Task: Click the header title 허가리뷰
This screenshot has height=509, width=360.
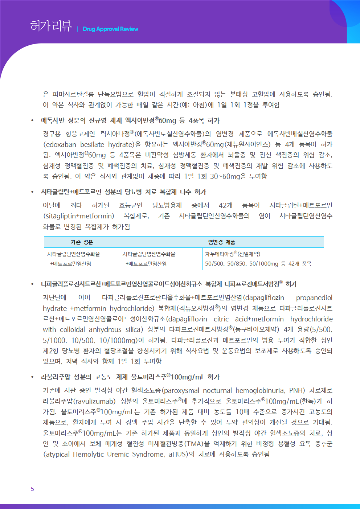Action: (x=51, y=26)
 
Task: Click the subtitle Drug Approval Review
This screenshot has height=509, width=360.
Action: (x=110, y=29)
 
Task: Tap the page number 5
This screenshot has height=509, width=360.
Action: (x=32, y=489)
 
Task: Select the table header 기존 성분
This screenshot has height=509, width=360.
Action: (x=82, y=242)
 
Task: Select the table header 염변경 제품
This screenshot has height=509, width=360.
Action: (x=221, y=242)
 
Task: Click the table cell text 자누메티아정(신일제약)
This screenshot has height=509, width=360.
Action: (x=233, y=254)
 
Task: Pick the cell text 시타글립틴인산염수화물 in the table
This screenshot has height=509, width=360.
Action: (x=73, y=254)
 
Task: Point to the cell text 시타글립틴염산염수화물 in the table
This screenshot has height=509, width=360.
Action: (x=149, y=254)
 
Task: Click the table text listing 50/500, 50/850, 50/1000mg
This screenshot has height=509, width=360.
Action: (x=241, y=264)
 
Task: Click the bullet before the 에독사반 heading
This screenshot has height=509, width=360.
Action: (x=32, y=121)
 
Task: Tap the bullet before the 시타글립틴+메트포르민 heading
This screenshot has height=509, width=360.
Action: (x=32, y=192)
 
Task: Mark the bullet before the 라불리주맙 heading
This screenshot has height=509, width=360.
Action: (x=32, y=377)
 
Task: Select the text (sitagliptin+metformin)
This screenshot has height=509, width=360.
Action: (x=78, y=216)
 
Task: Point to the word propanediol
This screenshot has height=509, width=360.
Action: (x=314, y=298)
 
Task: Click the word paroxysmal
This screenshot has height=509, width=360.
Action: (x=181, y=391)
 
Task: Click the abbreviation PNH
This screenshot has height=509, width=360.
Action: (x=296, y=391)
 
